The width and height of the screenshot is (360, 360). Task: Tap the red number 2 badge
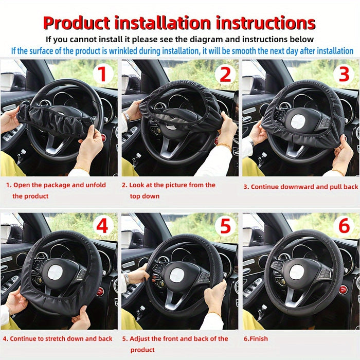[224, 74]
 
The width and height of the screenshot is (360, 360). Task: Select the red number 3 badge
[345, 74]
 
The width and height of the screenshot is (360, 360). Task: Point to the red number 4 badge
[103, 226]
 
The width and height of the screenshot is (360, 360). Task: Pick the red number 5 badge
[224, 226]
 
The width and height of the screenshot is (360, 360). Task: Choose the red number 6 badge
[345, 226]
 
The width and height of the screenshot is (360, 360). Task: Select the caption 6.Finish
[256, 339]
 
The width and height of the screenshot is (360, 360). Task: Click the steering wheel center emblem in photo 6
[297, 272]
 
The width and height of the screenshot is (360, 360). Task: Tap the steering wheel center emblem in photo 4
[56, 273]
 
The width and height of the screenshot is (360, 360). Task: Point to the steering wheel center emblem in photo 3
[297, 121]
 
